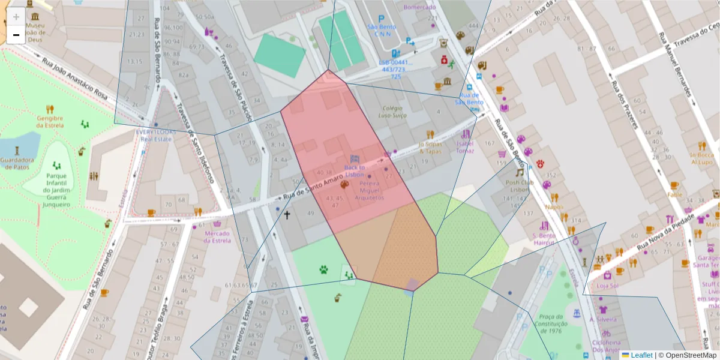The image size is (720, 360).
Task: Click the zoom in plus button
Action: click(x=16, y=17)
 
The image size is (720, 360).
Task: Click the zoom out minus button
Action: click(x=16, y=35)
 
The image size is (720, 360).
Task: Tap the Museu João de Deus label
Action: click(x=35, y=32)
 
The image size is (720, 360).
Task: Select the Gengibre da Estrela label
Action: click(x=50, y=122)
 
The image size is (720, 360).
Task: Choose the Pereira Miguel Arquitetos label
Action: click(x=369, y=190)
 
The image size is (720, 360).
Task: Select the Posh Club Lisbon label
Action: click(x=519, y=186)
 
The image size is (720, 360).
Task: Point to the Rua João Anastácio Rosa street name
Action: click(x=74, y=79)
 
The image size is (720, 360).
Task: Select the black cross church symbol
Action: click(x=287, y=214)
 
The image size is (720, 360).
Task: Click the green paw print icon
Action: click(x=324, y=269)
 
